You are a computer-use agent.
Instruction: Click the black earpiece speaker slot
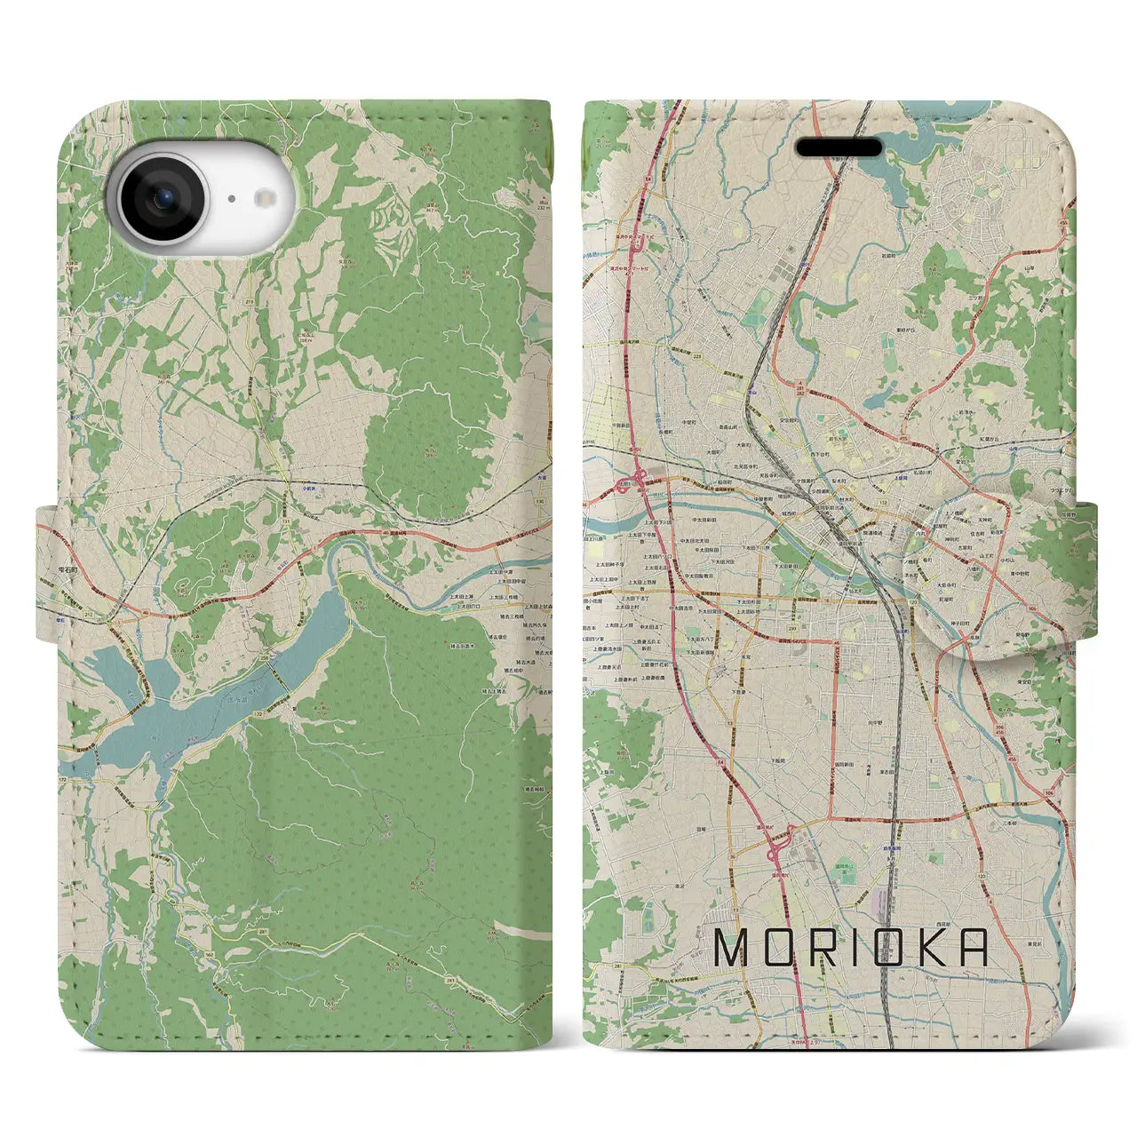838,147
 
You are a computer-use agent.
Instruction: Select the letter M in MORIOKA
734,949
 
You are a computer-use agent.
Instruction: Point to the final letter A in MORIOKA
974,949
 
